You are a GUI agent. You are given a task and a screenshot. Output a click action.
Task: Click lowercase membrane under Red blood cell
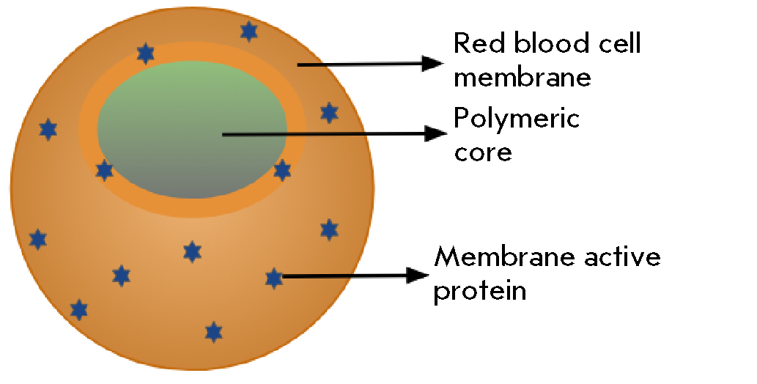[522, 76]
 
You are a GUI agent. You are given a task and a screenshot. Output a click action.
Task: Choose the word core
[482, 152]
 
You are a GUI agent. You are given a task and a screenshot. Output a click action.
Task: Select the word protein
[480, 291]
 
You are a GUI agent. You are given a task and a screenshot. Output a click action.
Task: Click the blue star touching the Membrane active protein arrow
[273, 278]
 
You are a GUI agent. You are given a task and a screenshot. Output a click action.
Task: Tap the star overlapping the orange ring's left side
[105, 171]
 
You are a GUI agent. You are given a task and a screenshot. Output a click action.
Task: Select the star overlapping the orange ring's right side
[282, 170]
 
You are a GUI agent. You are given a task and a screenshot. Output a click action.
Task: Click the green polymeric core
[192, 128]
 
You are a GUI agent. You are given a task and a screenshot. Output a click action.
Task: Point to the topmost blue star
[249, 32]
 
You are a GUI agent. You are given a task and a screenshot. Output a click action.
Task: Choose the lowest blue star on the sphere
[213, 332]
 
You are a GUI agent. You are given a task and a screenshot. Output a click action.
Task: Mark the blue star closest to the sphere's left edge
[37, 239]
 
